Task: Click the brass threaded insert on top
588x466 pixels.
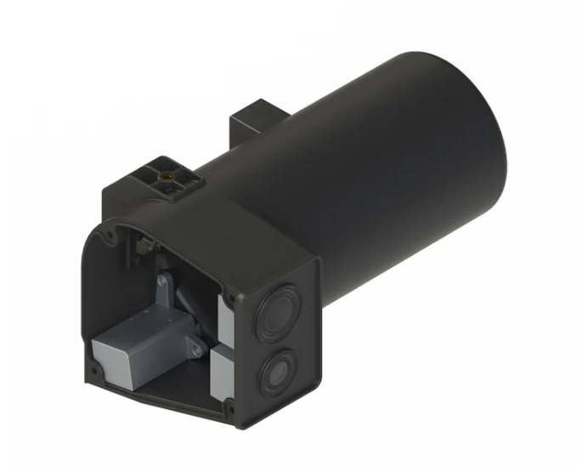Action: tap(168, 173)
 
